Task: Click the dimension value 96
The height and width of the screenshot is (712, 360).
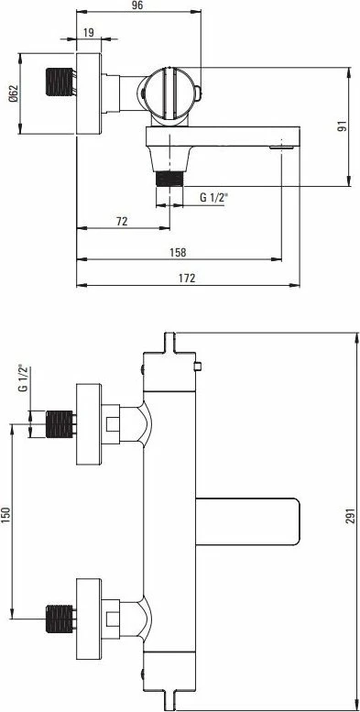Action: click(x=136, y=6)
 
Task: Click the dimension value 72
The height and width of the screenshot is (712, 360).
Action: click(x=121, y=221)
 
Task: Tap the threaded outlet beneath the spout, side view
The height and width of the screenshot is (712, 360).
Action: click(x=169, y=174)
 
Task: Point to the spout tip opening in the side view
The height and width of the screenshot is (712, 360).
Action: click(x=279, y=144)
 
